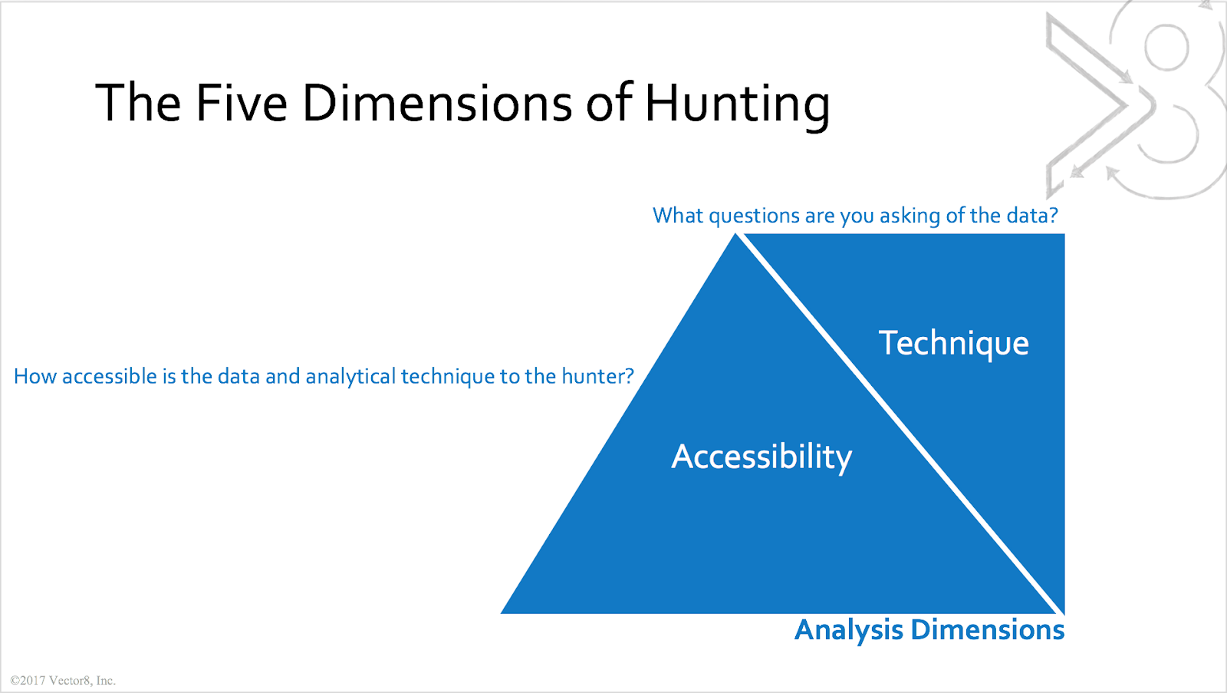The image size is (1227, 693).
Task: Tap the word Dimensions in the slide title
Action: tap(437, 103)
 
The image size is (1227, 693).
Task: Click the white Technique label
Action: tap(954, 345)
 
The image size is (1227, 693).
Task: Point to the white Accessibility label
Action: tap(762, 458)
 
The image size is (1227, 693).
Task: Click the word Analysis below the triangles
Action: tap(849, 630)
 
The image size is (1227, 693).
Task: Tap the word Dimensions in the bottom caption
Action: tap(988, 629)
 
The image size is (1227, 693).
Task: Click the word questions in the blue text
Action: tap(755, 216)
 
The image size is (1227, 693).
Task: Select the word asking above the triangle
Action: tap(910, 216)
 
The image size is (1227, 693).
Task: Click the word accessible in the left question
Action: tap(110, 377)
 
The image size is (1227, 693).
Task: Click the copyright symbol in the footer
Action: tap(15, 681)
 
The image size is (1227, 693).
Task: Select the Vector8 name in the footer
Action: tap(71, 681)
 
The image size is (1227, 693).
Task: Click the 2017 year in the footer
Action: tap(33, 681)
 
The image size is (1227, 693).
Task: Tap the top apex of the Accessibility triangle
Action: tap(735, 234)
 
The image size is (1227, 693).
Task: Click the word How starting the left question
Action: tap(35, 377)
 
